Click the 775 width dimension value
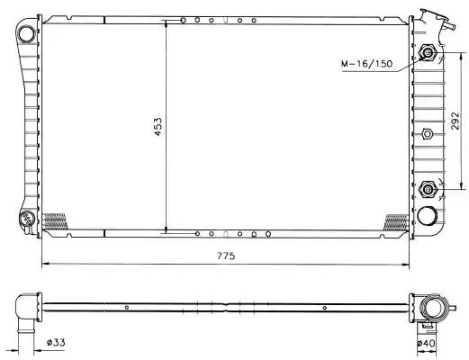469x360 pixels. [x=226, y=256]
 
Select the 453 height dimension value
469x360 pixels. [x=158, y=126]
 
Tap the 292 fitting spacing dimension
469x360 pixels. [x=455, y=121]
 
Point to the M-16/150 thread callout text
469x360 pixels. [x=366, y=64]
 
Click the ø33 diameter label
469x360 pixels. [x=56, y=342]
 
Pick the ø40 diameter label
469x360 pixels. [x=426, y=343]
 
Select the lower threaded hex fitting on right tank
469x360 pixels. [x=427, y=189]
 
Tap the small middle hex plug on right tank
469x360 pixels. [x=427, y=133]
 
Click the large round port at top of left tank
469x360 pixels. [x=26, y=34]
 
